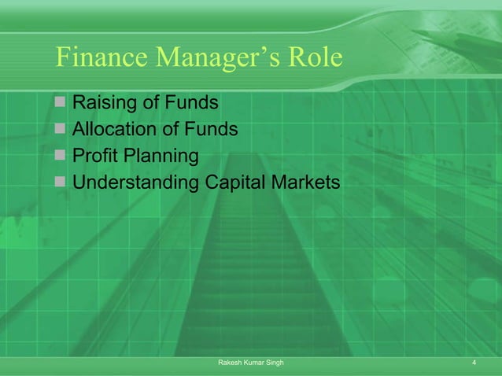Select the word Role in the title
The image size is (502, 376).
click(319, 57)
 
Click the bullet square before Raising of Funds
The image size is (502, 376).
click(61, 103)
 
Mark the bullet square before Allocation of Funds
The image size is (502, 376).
click(61, 130)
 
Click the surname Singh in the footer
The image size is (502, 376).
click(275, 363)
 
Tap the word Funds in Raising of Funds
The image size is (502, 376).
click(192, 103)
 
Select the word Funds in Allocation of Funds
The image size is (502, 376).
click(211, 130)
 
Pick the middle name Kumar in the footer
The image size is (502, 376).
click(253, 363)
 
